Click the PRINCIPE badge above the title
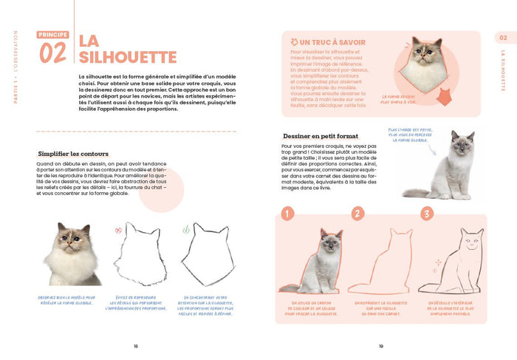coord(54,34)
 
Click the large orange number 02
coord(54,52)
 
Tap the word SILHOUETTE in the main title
coord(127,57)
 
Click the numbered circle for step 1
coord(288,213)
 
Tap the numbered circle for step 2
coord(358,213)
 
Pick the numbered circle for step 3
coord(427,213)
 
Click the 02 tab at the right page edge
coord(504,38)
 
